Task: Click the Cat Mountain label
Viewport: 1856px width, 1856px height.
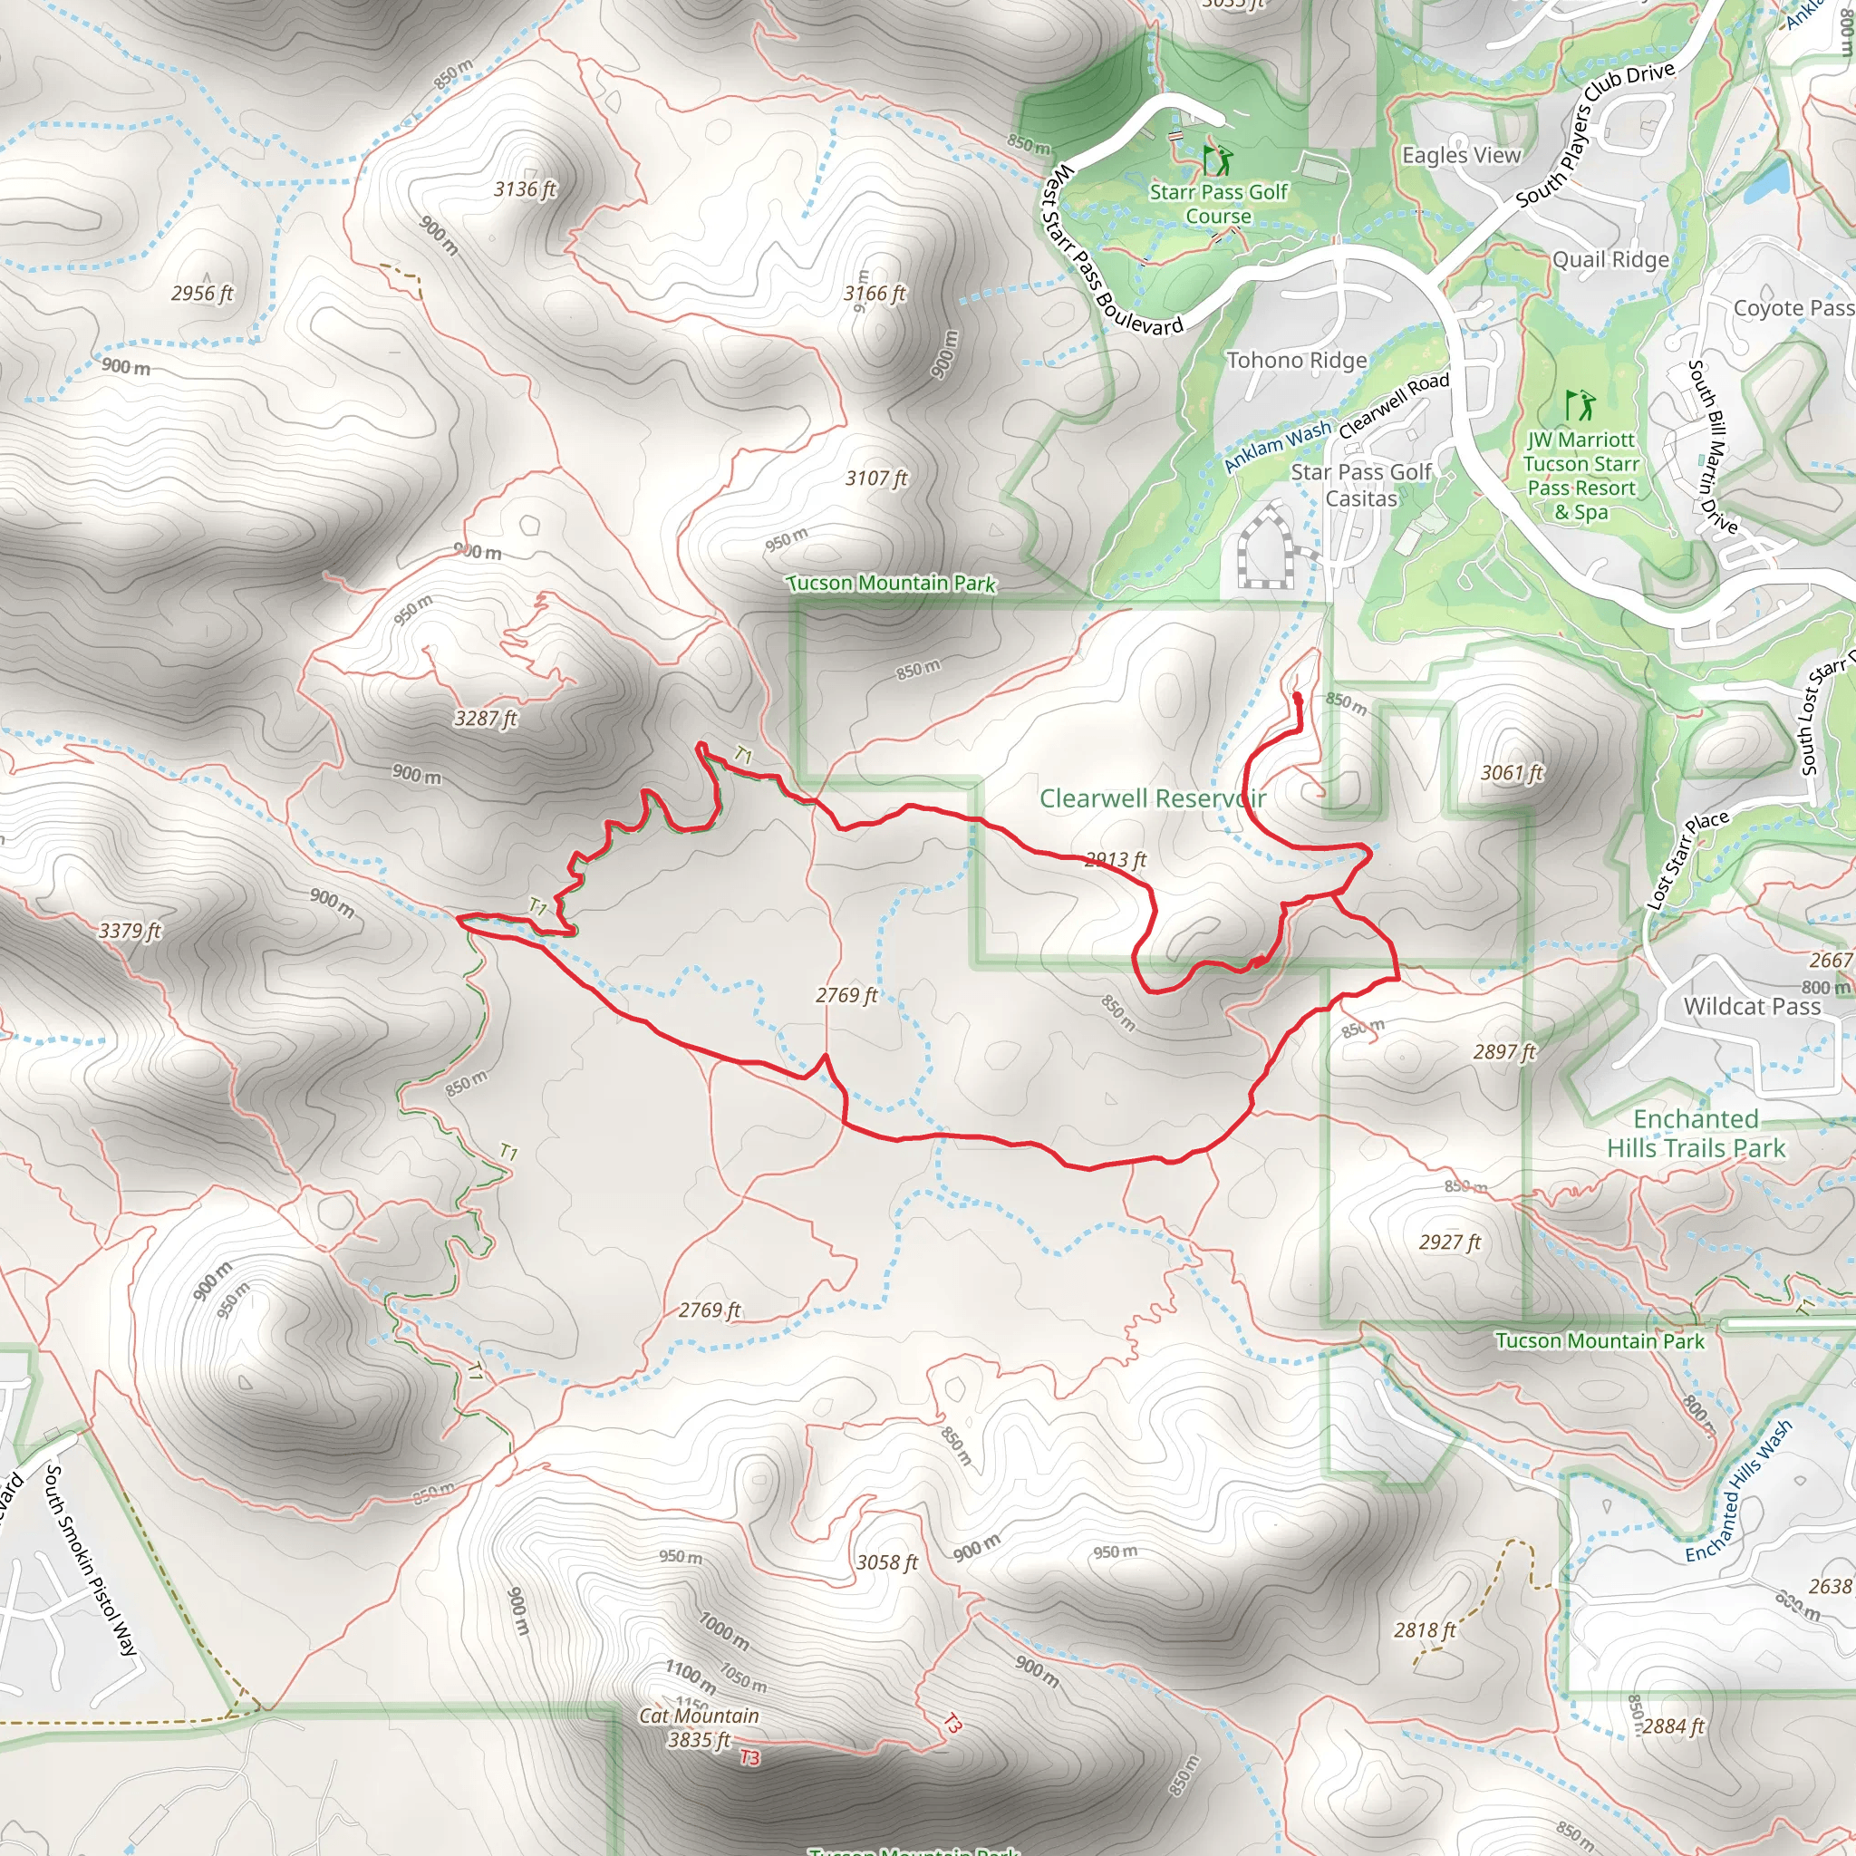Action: (x=699, y=1716)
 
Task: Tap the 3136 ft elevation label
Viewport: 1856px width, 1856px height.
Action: (x=525, y=189)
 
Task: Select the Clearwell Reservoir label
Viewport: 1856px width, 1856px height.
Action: (x=1152, y=798)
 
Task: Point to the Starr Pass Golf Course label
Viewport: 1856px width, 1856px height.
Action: (x=1218, y=204)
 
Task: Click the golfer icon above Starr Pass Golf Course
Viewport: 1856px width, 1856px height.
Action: (x=1217, y=159)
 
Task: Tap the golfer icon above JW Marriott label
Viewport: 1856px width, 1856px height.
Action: (x=1580, y=404)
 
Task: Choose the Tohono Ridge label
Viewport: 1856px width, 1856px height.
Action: (x=1297, y=361)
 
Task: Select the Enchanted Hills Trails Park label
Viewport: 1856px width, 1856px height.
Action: (x=1696, y=1134)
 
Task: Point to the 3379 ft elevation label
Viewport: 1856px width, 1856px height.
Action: (x=130, y=931)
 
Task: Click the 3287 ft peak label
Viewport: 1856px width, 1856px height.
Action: (x=485, y=719)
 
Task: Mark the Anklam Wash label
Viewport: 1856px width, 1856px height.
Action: (x=1278, y=447)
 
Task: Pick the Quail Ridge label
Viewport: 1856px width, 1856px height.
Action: (x=1611, y=259)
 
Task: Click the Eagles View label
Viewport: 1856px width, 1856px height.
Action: (x=1461, y=156)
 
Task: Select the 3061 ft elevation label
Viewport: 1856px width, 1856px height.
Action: (x=1511, y=773)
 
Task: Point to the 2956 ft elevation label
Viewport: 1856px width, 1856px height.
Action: (x=202, y=293)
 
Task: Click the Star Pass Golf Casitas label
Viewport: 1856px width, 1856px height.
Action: (x=1361, y=485)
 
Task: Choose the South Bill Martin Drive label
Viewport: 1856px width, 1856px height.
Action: (x=1713, y=447)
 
